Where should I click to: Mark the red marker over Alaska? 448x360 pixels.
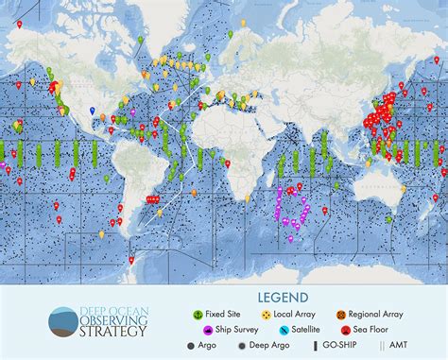point(19,25)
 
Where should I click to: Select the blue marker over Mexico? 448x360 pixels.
point(92,111)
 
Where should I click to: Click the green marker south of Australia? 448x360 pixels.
point(388,218)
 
